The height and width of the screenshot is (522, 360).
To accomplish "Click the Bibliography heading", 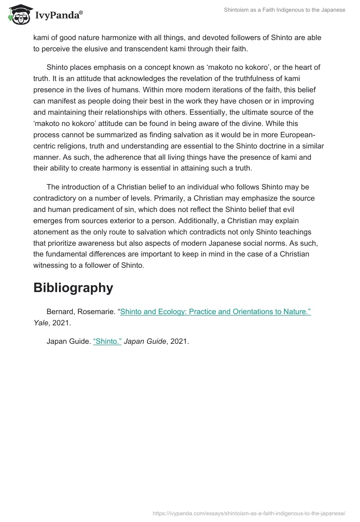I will click(x=73, y=288).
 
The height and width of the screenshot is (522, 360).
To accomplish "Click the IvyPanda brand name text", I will click(x=58, y=16).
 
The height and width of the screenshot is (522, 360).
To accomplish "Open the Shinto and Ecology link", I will click(x=216, y=312).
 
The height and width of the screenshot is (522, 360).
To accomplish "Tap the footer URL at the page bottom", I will click(x=249, y=513).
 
